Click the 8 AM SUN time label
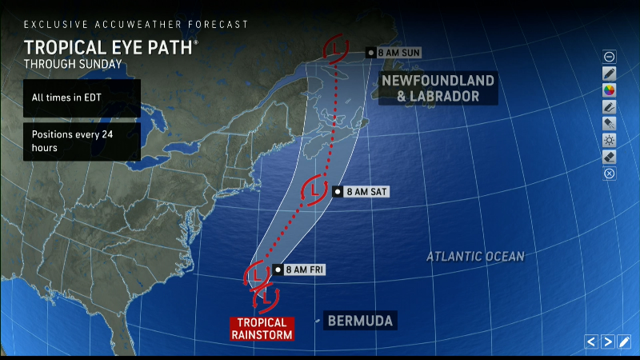[x=398, y=52]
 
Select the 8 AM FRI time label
[x=305, y=270]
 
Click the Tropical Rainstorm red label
[x=262, y=328]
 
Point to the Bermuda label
[x=360, y=321]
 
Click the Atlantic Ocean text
[x=475, y=257]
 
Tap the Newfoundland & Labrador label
[x=438, y=89]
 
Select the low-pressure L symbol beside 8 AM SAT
[x=314, y=190]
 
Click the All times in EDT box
[x=82, y=98]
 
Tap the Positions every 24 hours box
[x=82, y=141]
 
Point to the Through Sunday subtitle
[x=74, y=63]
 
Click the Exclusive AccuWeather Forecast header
[x=136, y=25]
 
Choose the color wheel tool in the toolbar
[x=610, y=90]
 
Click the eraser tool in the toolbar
[x=610, y=157]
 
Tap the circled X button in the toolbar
[x=610, y=174]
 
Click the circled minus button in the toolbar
[x=610, y=56]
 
